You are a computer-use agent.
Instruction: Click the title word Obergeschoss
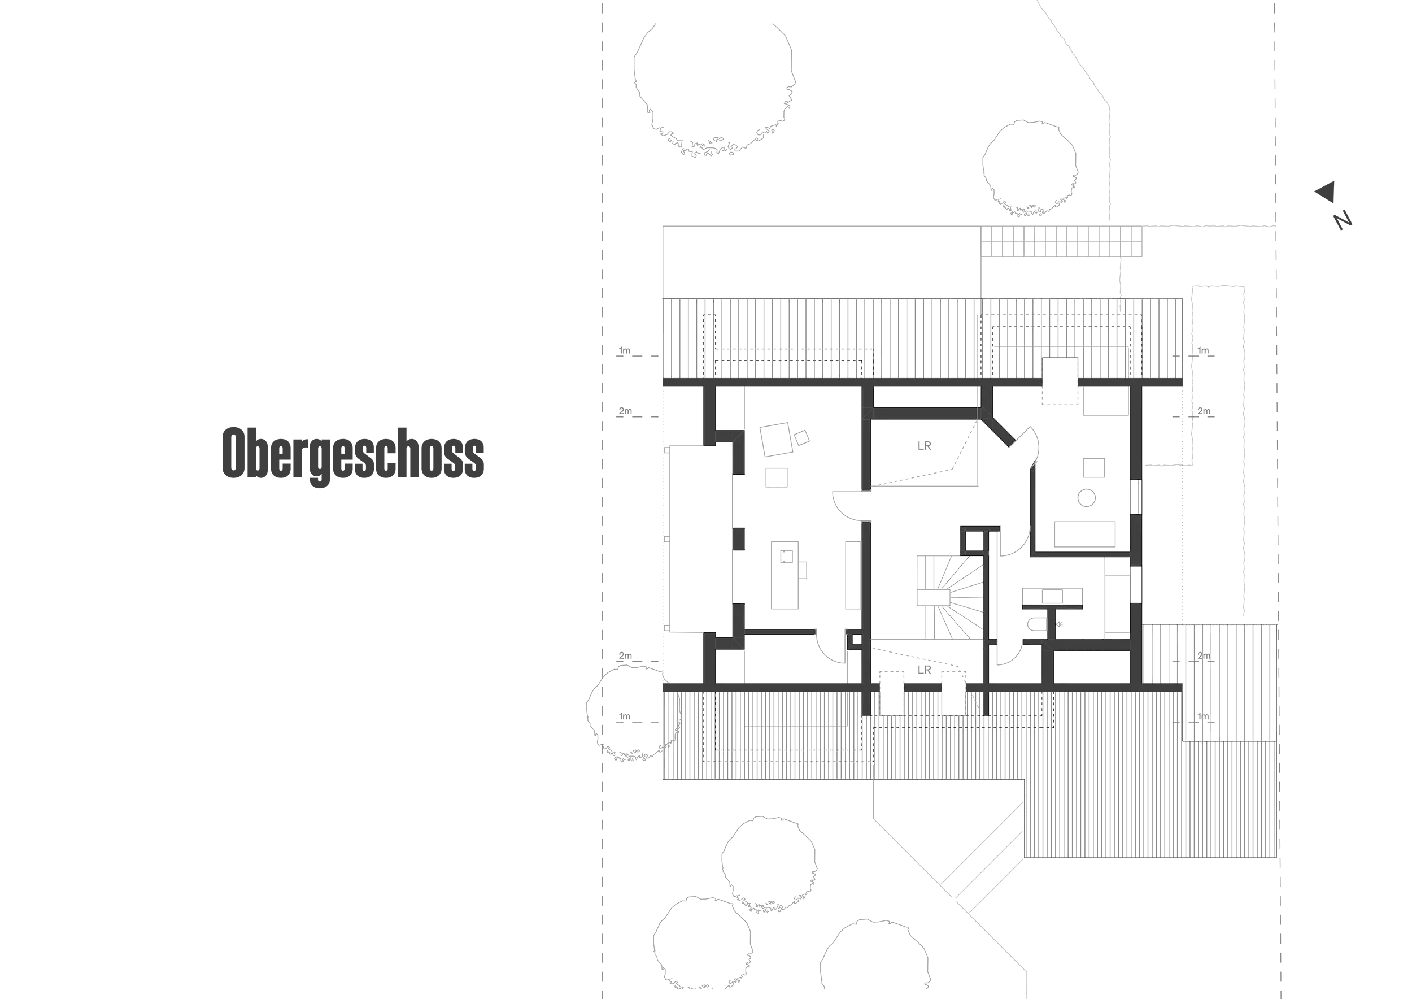click(x=353, y=456)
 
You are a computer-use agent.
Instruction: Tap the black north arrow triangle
click(x=1326, y=192)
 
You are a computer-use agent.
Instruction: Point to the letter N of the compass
click(x=1342, y=220)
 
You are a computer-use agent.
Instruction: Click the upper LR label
click(x=925, y=446)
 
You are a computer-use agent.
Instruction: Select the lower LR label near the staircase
click(x=925, y=670)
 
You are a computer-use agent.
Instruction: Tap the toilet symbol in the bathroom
click(x=1037, y=625)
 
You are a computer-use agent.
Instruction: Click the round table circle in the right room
click(x=1087, y=498)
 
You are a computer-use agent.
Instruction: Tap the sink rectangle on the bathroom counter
click(x=1052, y=596)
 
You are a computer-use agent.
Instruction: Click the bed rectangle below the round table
click(x=1085, y=534)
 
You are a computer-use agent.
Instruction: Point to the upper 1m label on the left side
click(x=624, y=351)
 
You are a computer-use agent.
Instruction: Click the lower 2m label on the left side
click(x=625, y=656)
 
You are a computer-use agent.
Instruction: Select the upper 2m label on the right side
click(x=1204, y=411)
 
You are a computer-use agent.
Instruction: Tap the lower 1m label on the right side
click(x=1203, y=716)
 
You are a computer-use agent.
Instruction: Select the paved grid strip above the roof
click(x=1061, y=241)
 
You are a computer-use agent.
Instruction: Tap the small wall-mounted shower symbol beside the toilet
click(x=1059, y=625)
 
